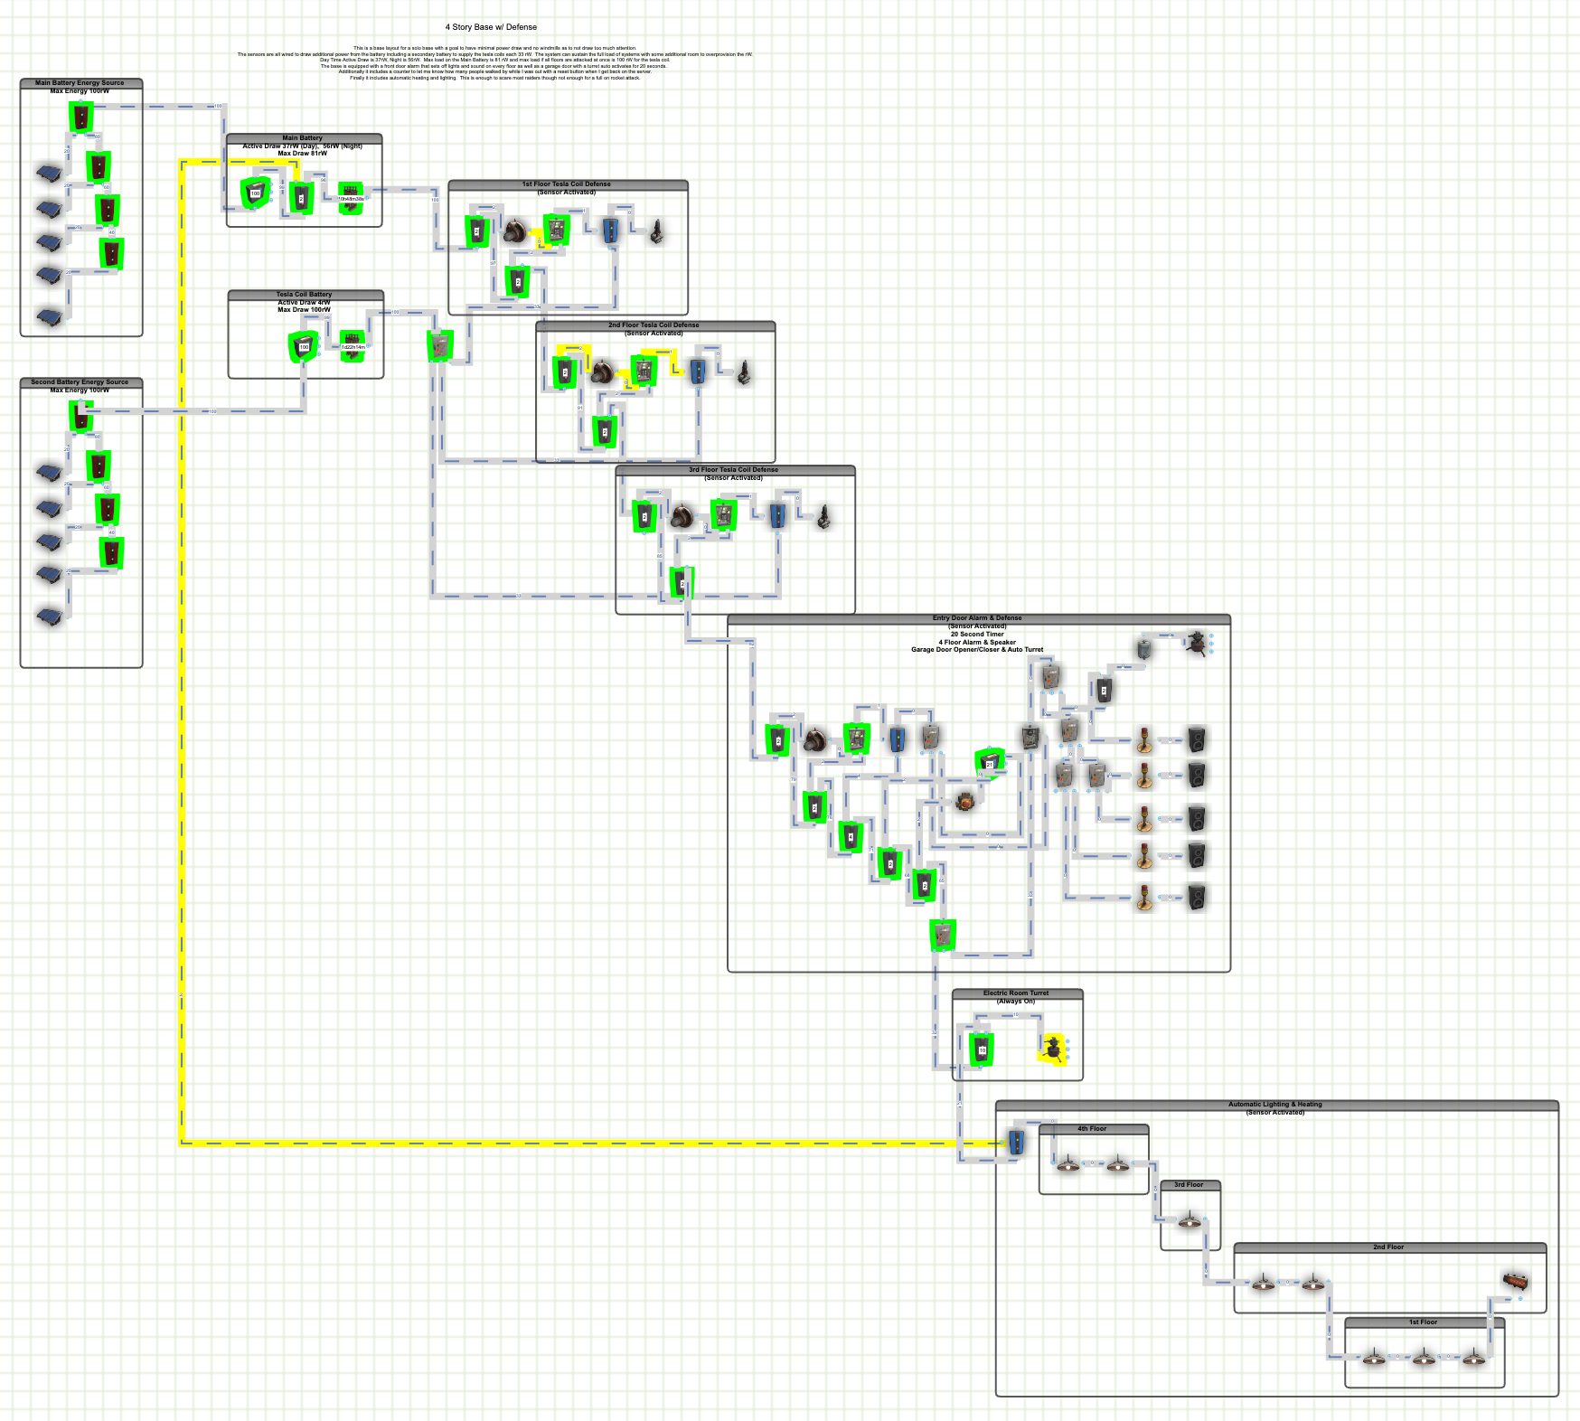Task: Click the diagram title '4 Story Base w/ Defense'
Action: tap(491, 27)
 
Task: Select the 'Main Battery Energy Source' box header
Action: tap(80, 83)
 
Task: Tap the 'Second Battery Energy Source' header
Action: tap(80, 382)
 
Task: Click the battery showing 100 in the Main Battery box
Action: tap(255, 193)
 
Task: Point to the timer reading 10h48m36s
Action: tap(351, 198)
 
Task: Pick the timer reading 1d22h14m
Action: tap(353, 346)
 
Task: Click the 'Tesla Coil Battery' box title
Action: tap(305, 295)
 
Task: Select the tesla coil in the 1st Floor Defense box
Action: tap(657, 232)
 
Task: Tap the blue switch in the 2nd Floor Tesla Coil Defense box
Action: tap(697, 371)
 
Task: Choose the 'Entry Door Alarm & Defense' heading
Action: tap(977, 618)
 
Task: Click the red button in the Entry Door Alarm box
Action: tap(964, 801)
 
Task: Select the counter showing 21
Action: tap(989, 762)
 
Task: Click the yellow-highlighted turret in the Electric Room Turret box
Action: tap(1052, 1049)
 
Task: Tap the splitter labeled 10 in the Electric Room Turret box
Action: tap(982, 1049)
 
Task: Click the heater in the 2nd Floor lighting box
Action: tap(1515, 1280)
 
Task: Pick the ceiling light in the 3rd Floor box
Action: tap(1190, 1220)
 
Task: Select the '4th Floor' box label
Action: tap(1092, 1129)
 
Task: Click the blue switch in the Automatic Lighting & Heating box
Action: tap(1015, 1142)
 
